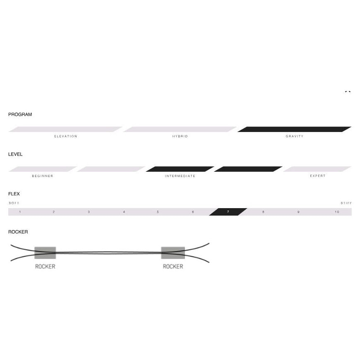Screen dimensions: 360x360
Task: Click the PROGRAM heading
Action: pyautogui.click(x=20, y=114)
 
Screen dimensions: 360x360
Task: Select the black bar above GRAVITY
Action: pyautogui.click(x=294, y=129)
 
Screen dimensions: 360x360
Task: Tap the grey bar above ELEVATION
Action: pyautogui.click(x=65, y=129)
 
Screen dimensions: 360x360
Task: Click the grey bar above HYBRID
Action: pyautogui.click(x=180, y=129)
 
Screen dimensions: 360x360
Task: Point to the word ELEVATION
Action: pyautogui.click(x=66, y=136)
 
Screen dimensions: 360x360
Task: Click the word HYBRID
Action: pyautogui.click(x=180, y=136)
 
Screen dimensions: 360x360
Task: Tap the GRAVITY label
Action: pyautogui.click(x=295, y=136)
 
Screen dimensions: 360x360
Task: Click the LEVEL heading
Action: pyautogui.click(x=15, y=154)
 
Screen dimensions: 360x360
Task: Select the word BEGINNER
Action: pyautogui.click(x=43, y=176)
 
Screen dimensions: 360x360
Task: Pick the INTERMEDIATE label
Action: pyautogui.click(x=180, y=176)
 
